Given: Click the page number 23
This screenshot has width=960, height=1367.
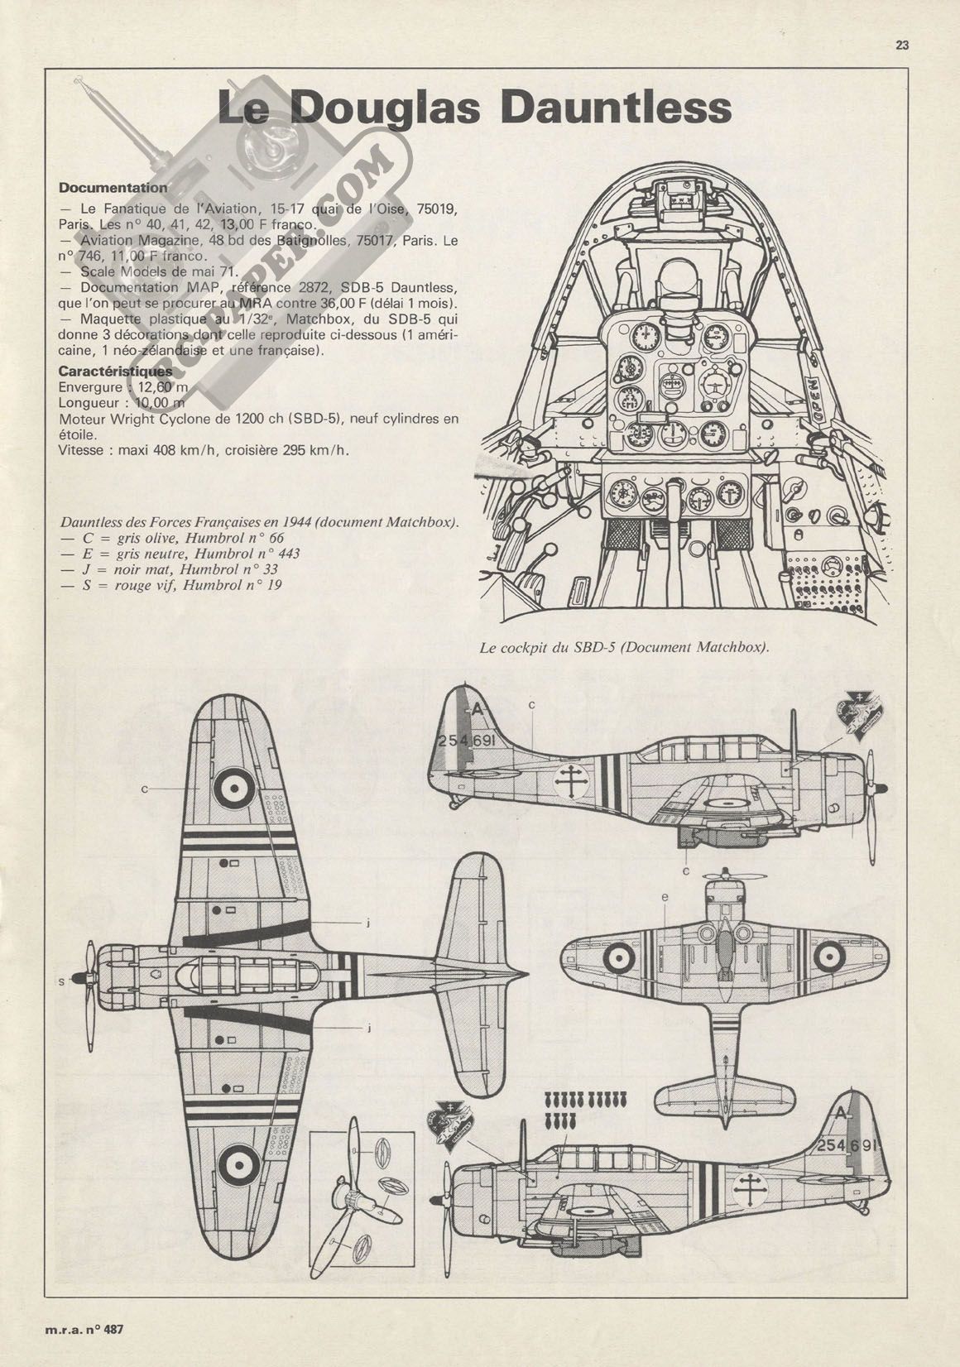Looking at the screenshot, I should (901, 46).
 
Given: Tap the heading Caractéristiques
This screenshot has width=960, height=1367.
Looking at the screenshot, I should (116, 371).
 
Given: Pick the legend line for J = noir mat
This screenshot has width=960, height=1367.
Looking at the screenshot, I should (168, 570).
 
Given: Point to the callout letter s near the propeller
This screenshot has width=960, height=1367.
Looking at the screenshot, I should (61, 982).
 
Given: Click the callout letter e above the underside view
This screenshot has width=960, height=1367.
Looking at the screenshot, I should (665, 896).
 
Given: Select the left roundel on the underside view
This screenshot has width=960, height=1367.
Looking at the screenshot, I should (617, 959).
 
